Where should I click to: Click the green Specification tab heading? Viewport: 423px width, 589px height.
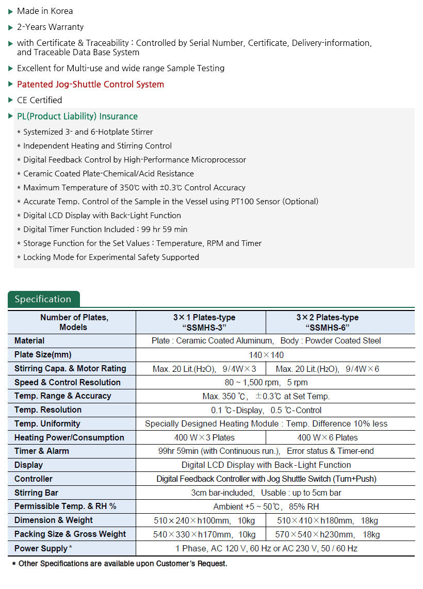(43, 299)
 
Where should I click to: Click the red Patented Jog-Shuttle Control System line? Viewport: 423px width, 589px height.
(90, 84)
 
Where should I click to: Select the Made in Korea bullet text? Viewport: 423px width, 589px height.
(45, 11)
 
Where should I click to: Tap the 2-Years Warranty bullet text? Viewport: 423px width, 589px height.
(50, 27)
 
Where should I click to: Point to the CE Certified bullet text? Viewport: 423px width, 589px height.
(39, 100)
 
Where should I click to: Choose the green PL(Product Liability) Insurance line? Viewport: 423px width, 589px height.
(77, 116)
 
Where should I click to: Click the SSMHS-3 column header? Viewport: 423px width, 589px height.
(201, 322)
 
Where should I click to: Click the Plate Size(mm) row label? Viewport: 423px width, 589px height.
(43, 354)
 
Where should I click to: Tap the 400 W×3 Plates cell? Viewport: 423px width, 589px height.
(201, 437)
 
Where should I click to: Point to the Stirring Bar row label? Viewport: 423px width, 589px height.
(36, 493)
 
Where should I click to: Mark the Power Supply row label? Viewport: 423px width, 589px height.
(42, 548)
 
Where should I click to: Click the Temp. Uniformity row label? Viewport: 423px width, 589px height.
(47, 423)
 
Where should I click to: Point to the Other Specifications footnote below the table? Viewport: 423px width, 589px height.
(120, 564)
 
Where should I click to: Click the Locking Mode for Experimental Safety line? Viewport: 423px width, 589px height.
(111, 257)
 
